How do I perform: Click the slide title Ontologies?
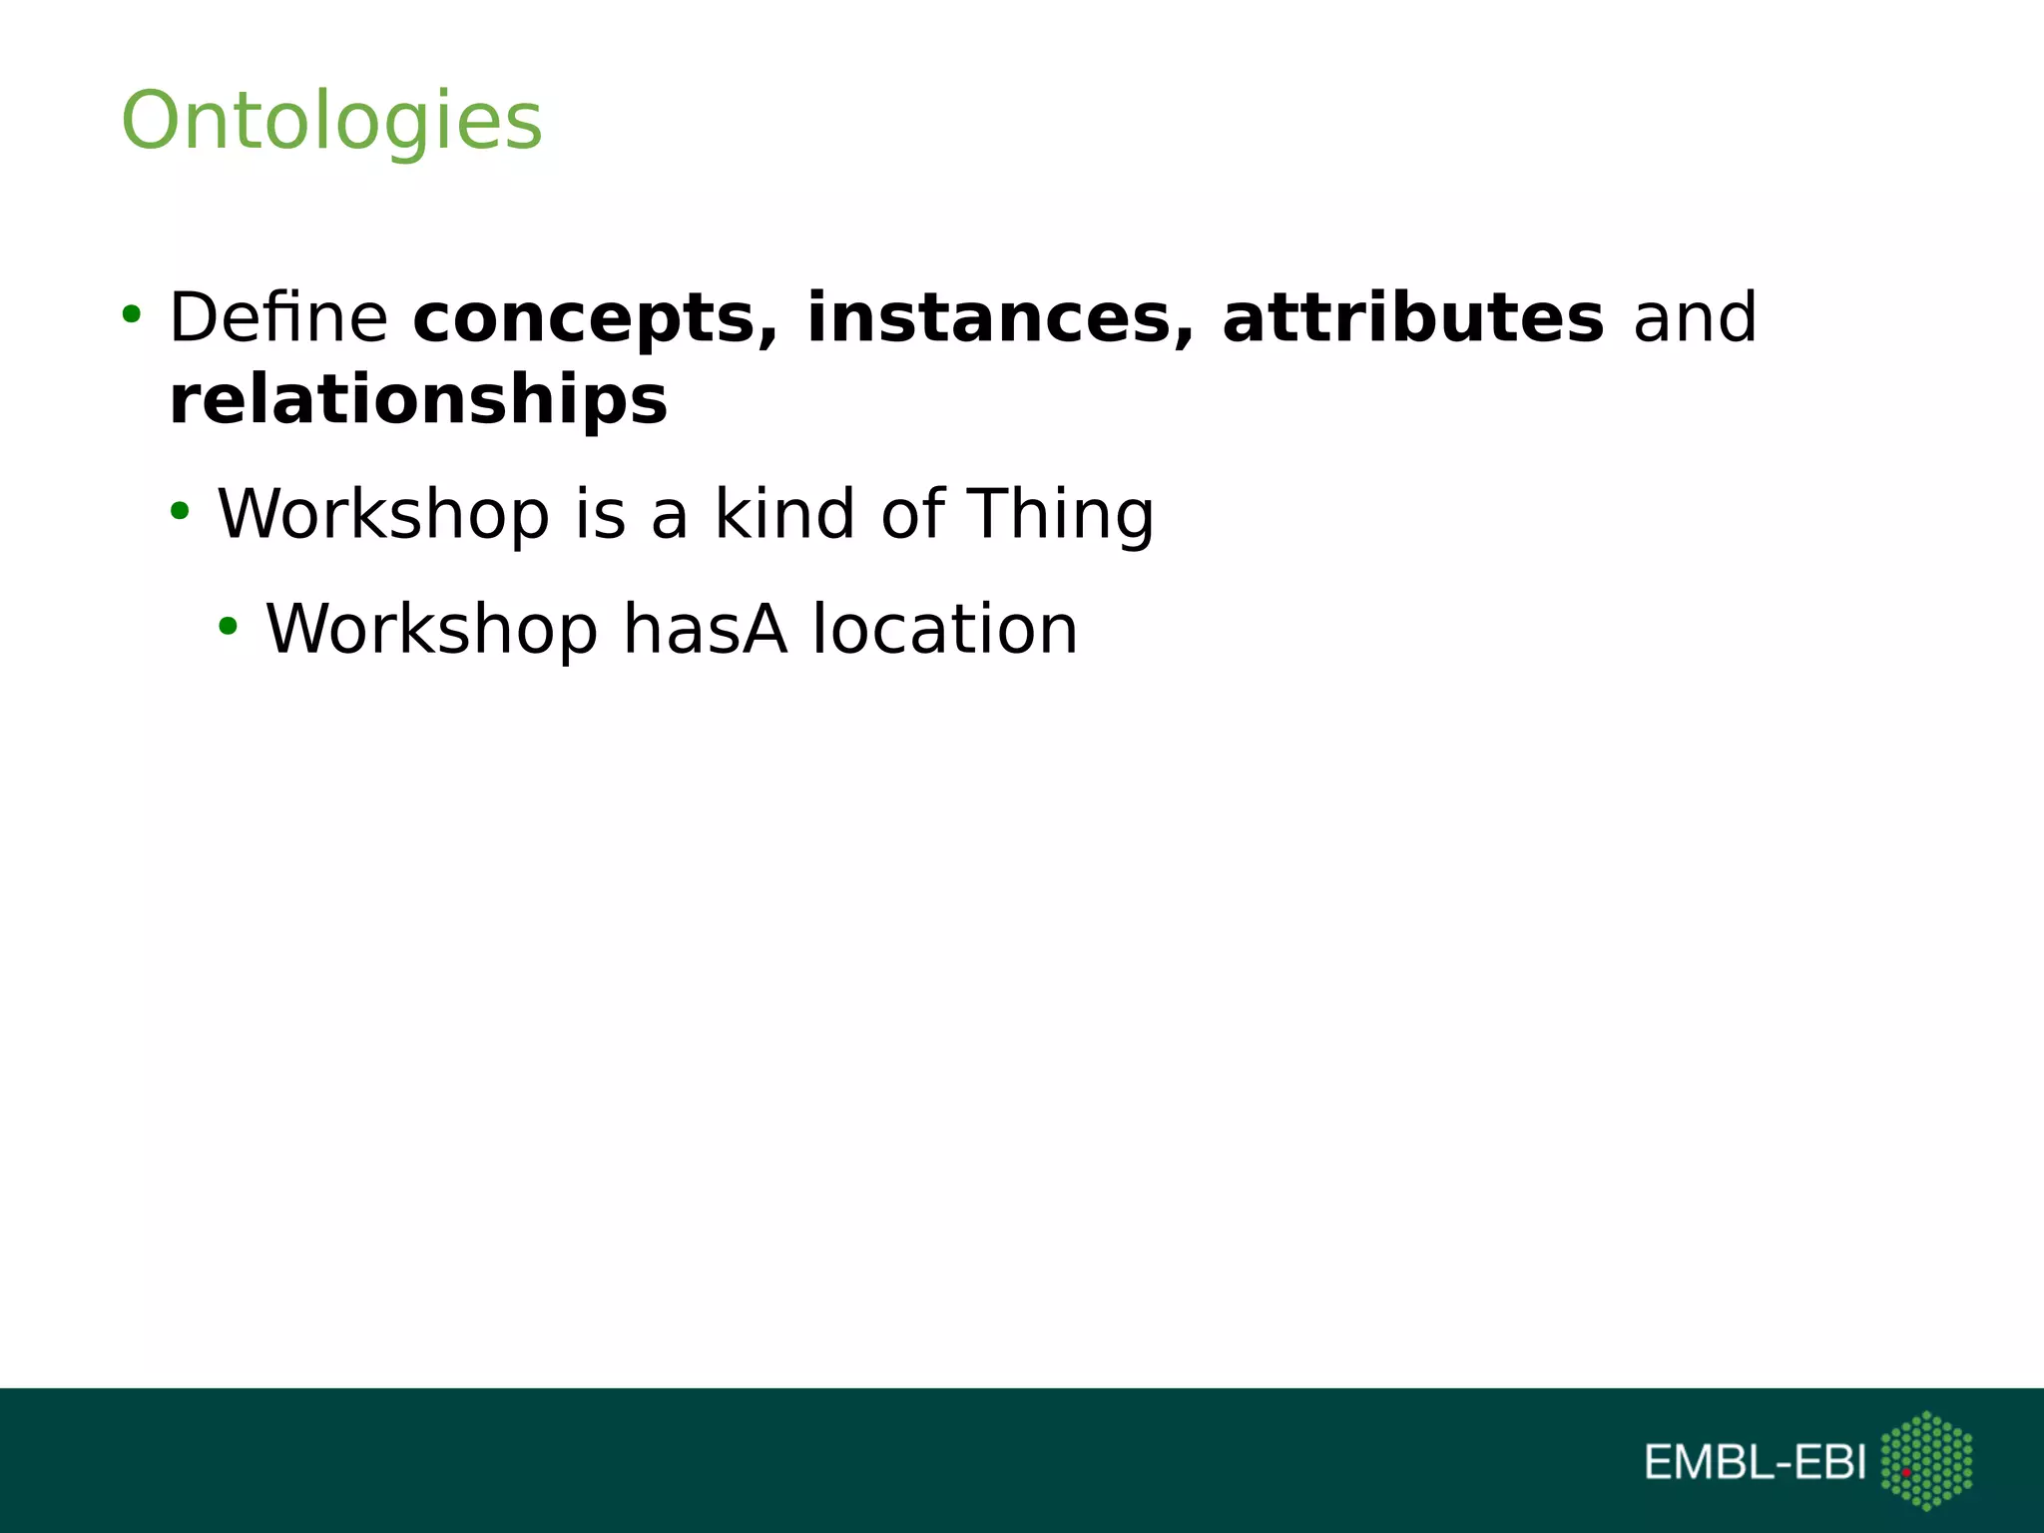click(x=331, y=121)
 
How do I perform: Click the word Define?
click(x=278, y=317)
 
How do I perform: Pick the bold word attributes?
click(x=1412, y=317)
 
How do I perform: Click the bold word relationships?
click(x=418, y=399)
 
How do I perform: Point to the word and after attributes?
click(x=1694, y=317)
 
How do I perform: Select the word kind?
click(x=784, y=513)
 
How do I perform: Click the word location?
click(x=944, y=629)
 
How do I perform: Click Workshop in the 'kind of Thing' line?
click(x=383, y=513)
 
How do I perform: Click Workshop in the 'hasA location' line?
click(x=431, y=629)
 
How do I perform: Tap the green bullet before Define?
click(x=131, y=315)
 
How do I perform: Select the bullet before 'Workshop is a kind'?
click(x=180, y=512)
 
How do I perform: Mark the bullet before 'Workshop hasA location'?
click(x=229, y=627)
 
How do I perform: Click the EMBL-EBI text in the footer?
click(x=1755, y=1463)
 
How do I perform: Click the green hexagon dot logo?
click(x=1926, y=1460)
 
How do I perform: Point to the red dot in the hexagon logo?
click(x=1905, y=1472)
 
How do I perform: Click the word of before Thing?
click(x=912, y=513)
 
